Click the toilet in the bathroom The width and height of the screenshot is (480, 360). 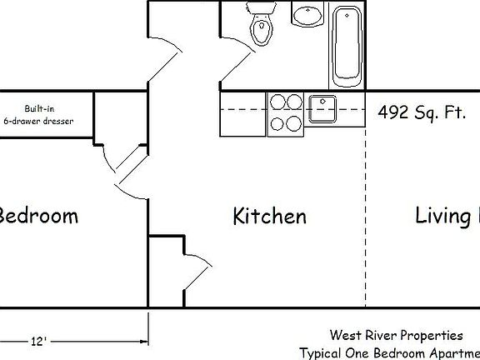262,31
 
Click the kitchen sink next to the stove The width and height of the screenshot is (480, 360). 322,104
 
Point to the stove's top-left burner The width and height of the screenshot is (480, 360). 277,102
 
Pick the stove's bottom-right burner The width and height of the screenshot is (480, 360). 293,124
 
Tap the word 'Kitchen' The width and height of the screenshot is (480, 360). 269,217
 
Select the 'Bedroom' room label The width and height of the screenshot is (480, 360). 38,216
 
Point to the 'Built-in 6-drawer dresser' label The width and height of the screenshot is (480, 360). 38,115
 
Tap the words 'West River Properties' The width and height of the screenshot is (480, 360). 396,336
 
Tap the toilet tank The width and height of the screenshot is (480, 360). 261,9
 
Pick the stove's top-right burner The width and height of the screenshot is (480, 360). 293,102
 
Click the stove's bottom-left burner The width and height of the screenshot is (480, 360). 277,124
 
